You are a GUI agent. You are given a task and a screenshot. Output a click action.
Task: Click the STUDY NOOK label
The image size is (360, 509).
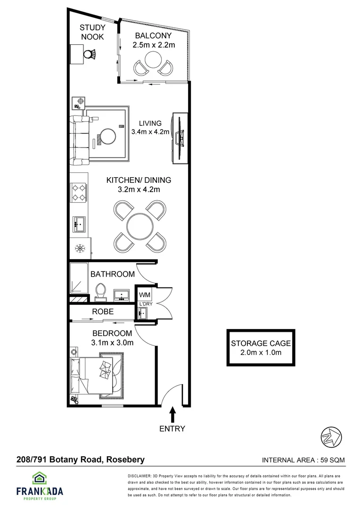[92, 32]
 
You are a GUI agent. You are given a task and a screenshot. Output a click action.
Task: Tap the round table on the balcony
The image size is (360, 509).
[153, 59]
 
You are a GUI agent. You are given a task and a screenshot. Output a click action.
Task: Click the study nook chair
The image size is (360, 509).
[90, 54]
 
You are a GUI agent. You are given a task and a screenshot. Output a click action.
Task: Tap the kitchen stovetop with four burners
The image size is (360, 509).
[78, 192]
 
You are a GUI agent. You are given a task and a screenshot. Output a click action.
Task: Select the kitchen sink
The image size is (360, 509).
[79, 223]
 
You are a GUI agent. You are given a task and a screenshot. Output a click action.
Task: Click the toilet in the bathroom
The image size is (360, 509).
[100, 292]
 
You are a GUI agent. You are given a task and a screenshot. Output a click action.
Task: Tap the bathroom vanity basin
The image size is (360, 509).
[122, 295]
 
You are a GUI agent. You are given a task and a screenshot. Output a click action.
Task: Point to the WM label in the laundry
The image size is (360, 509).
[144, 295]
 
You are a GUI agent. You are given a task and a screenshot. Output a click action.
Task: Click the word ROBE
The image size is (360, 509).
[102, 312]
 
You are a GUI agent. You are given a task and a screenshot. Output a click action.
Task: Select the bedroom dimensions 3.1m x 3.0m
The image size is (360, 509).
[112, 343]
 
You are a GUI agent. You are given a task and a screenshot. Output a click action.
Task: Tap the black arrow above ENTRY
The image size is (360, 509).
[172, 415]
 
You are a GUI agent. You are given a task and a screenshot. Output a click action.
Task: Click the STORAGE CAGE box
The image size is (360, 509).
[261, 348]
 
